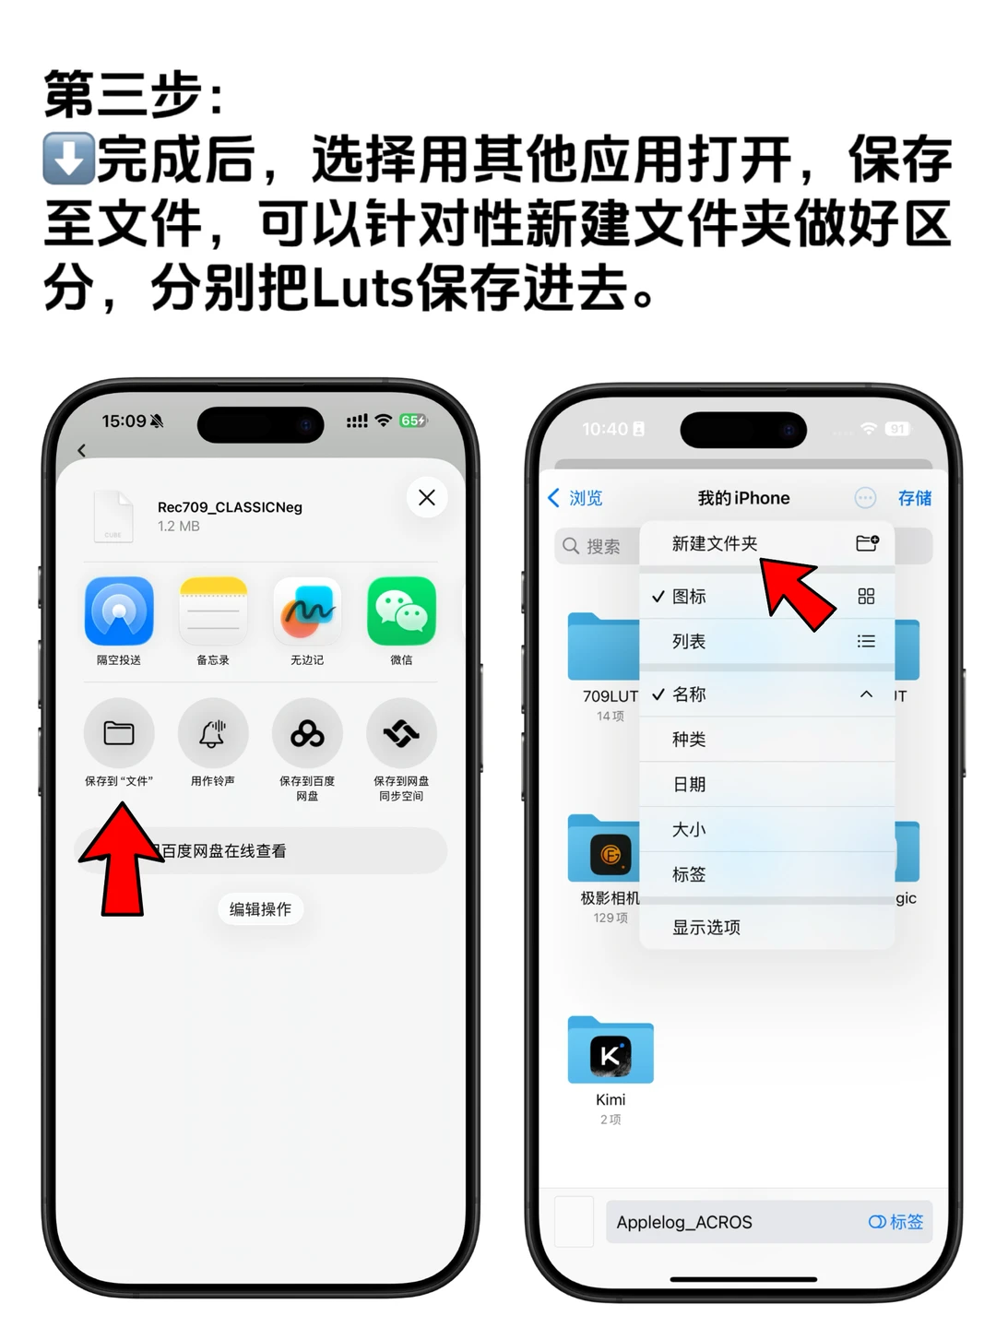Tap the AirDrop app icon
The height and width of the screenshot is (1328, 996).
coord(119,611)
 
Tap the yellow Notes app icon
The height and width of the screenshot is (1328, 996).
coord(213,611)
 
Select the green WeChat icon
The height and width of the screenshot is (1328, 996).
coord(401,611)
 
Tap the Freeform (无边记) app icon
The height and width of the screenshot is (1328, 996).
coord(307,611)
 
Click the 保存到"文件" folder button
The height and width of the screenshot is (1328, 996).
coord(119,734)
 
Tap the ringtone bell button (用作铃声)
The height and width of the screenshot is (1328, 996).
coord(213,734)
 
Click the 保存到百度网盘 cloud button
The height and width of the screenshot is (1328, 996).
coord(307,734)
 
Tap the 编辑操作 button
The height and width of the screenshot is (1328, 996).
coord(260,909)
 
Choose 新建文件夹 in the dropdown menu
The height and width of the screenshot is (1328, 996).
coord(716,544)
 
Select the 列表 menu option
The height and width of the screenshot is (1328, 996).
coord(690,642)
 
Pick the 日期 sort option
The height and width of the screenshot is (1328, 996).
coord(690,785)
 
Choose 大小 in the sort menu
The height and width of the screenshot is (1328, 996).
coord(690,830)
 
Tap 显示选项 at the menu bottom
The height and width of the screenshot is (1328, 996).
coord(706,928)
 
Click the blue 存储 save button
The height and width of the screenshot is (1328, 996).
coord(915,498)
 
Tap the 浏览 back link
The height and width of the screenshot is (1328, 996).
coord(576,498)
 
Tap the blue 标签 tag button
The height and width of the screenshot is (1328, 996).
coord(896,1223)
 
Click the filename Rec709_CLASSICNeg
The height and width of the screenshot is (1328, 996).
coord(230,507)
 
